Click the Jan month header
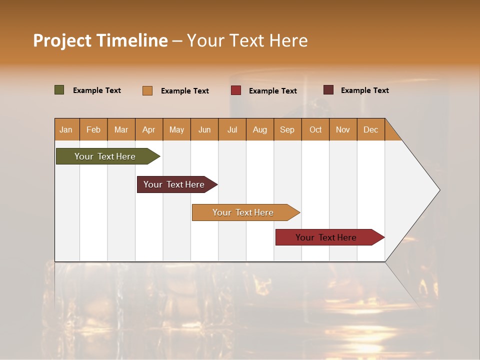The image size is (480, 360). coord(66,129)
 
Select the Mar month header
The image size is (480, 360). coord(121,129)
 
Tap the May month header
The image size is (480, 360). coord(176,129)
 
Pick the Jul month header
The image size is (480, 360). coord(232,129)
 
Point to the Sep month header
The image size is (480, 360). coord(287,129)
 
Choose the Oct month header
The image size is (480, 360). coord(315,129)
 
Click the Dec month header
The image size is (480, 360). coord(370,129)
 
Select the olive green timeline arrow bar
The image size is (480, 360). coord(105,156)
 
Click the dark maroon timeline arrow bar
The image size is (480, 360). coord(174,184)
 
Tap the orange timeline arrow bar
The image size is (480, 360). coord(243,212)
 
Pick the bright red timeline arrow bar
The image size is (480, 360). coord(326,237)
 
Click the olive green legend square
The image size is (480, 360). coord(59,90)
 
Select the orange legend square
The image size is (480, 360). coord(147,90)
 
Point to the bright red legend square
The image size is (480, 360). coord(236,90)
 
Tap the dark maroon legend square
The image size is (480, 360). coord(328,90)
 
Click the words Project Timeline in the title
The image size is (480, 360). coord(100,40)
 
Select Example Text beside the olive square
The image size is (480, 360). coord(97,90)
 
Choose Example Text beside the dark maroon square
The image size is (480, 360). coord(365,90)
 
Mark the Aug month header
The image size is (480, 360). coord(259,129)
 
